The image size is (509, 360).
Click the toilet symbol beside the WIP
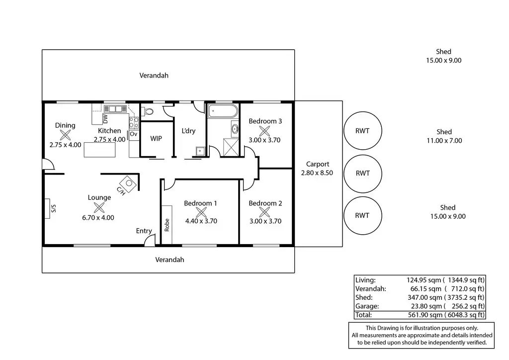[x=148, y=112]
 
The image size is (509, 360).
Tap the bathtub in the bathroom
[x=223, y=111]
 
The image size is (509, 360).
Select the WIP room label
[x=156, y=139]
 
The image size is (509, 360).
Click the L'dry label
[x=188, y=131]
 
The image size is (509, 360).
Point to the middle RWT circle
[x=362, y=174]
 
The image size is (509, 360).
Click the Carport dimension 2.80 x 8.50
[x=317, y=173]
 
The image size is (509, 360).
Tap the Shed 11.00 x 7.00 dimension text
[x=444, y=141]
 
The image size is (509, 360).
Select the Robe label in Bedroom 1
[x=167, y=225]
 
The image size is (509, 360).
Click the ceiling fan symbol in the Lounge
[x=99, y=207]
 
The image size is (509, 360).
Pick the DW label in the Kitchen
[x=105, y=118]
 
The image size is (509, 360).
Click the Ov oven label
[x=133, y=134]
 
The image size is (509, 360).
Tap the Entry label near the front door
[x=144, y=231]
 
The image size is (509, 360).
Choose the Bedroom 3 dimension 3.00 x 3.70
[x=264, y=140]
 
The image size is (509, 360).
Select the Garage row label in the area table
[x=367, y=306]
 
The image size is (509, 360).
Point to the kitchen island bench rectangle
[x=99, y=150]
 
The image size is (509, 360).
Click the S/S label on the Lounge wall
[x=54, y=208]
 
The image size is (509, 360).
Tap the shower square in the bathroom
[x=231, y=147]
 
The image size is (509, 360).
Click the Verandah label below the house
[x=170, y=260]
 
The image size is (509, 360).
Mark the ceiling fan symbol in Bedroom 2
[x=264, y=212]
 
